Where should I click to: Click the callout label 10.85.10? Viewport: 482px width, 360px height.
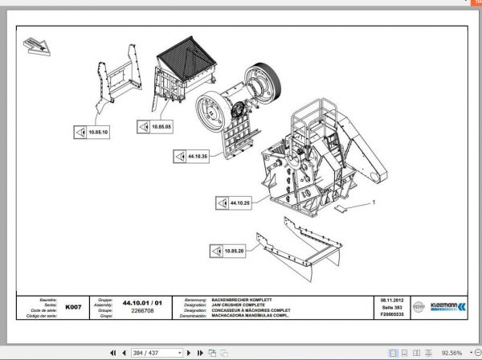click(98, 131)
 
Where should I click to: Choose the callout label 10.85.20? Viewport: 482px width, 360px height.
click(234, 252)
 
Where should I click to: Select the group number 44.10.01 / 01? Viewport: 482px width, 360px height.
click(141, 302)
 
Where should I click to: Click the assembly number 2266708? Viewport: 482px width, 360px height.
click(141, 309)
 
